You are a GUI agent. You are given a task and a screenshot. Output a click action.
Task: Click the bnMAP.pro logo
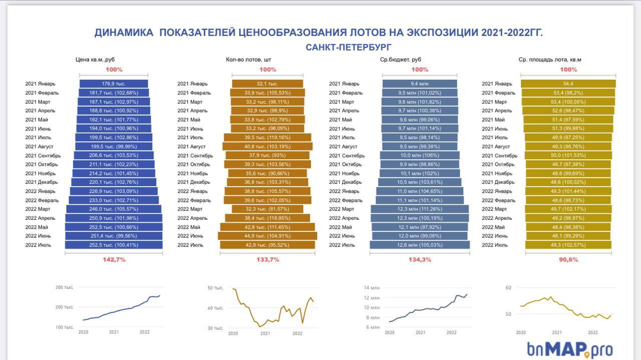569,349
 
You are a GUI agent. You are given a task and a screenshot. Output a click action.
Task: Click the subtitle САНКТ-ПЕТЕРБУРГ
349,47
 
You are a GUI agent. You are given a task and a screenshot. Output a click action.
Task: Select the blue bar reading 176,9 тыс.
114,84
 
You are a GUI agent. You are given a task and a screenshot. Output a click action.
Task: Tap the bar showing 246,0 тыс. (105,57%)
114,209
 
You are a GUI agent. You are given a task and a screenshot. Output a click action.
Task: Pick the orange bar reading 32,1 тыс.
267,84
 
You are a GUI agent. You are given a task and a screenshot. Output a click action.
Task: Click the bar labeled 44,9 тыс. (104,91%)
267,236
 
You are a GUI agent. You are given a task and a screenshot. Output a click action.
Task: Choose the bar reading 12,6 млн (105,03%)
420,245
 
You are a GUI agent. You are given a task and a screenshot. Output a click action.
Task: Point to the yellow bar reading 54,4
568,84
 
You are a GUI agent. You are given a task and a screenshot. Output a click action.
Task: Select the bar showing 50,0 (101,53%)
568,155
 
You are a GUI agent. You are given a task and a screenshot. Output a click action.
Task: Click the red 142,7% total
114,260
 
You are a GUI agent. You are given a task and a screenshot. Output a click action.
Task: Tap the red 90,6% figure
569,260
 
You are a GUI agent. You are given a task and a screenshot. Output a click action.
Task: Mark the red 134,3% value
420,260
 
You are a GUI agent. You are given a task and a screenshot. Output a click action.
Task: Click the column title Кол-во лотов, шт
248,60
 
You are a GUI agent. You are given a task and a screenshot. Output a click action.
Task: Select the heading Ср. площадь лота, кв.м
550,60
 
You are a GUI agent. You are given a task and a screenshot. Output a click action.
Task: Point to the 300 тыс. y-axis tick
65,287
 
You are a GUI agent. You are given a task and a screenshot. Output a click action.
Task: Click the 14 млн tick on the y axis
372,288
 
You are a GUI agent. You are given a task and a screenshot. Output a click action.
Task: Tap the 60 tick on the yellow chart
508,288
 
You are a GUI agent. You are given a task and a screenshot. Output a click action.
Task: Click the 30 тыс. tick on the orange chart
215,328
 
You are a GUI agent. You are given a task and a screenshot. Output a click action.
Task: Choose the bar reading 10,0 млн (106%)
420,155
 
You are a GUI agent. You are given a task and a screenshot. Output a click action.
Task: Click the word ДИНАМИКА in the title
124,33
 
